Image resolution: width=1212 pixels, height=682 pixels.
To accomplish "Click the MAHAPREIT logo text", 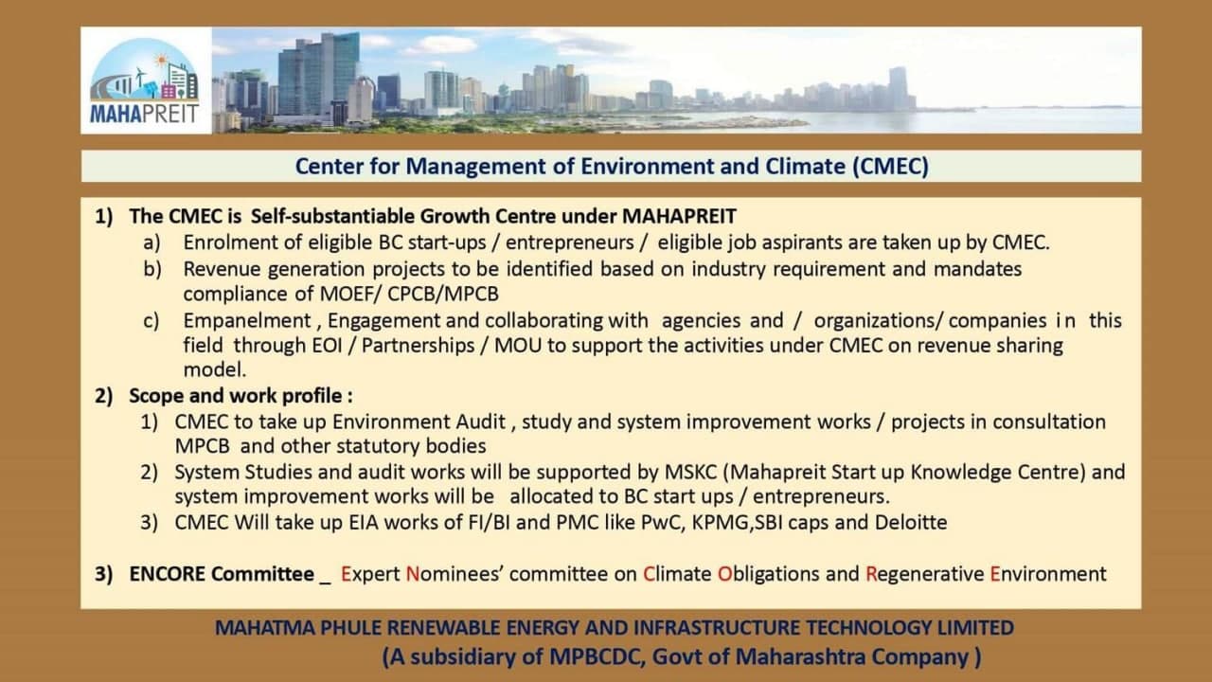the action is pyautogui.click(x=145, y=115).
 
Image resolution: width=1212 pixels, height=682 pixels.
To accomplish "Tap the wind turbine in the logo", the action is pyautogui.click(x=140, y=77).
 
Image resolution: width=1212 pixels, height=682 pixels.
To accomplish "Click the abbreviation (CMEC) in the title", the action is pyautogui.click(x=891, y=166).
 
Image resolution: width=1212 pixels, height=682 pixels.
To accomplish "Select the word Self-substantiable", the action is pyautogui.click(x=332, y=216).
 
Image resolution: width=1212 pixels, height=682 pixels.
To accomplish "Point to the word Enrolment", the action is pyautogui.click(x=230, y=242).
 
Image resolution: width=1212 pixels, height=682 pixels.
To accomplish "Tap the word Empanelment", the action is pyautogui.click(x=247, y=321).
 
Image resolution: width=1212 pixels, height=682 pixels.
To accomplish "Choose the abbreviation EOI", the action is pyautogui.click(x=328, y=346).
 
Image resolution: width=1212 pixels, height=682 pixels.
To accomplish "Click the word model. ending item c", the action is pyautogui.click(x=215, y=369).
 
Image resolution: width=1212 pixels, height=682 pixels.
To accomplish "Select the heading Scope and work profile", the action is pyautogui.click(x=236, y=396).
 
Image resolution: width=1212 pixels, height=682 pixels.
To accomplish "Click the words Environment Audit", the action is pyautogui.click(x=419, y=422).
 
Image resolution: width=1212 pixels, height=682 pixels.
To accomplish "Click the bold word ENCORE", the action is pyautogui.click(x=168, y=574).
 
